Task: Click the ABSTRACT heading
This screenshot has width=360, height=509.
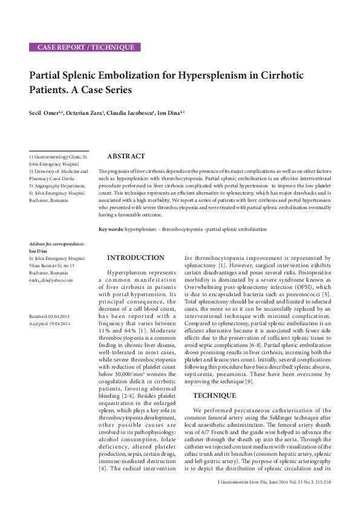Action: point(126,157)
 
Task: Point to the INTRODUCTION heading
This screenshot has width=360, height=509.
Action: point(136,258)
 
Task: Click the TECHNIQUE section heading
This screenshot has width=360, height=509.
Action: point(214,395)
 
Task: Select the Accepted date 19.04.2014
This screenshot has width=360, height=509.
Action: point(59,324)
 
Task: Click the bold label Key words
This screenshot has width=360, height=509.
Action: point(111,229)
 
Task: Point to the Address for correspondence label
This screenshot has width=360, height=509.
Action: point(57,244)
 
